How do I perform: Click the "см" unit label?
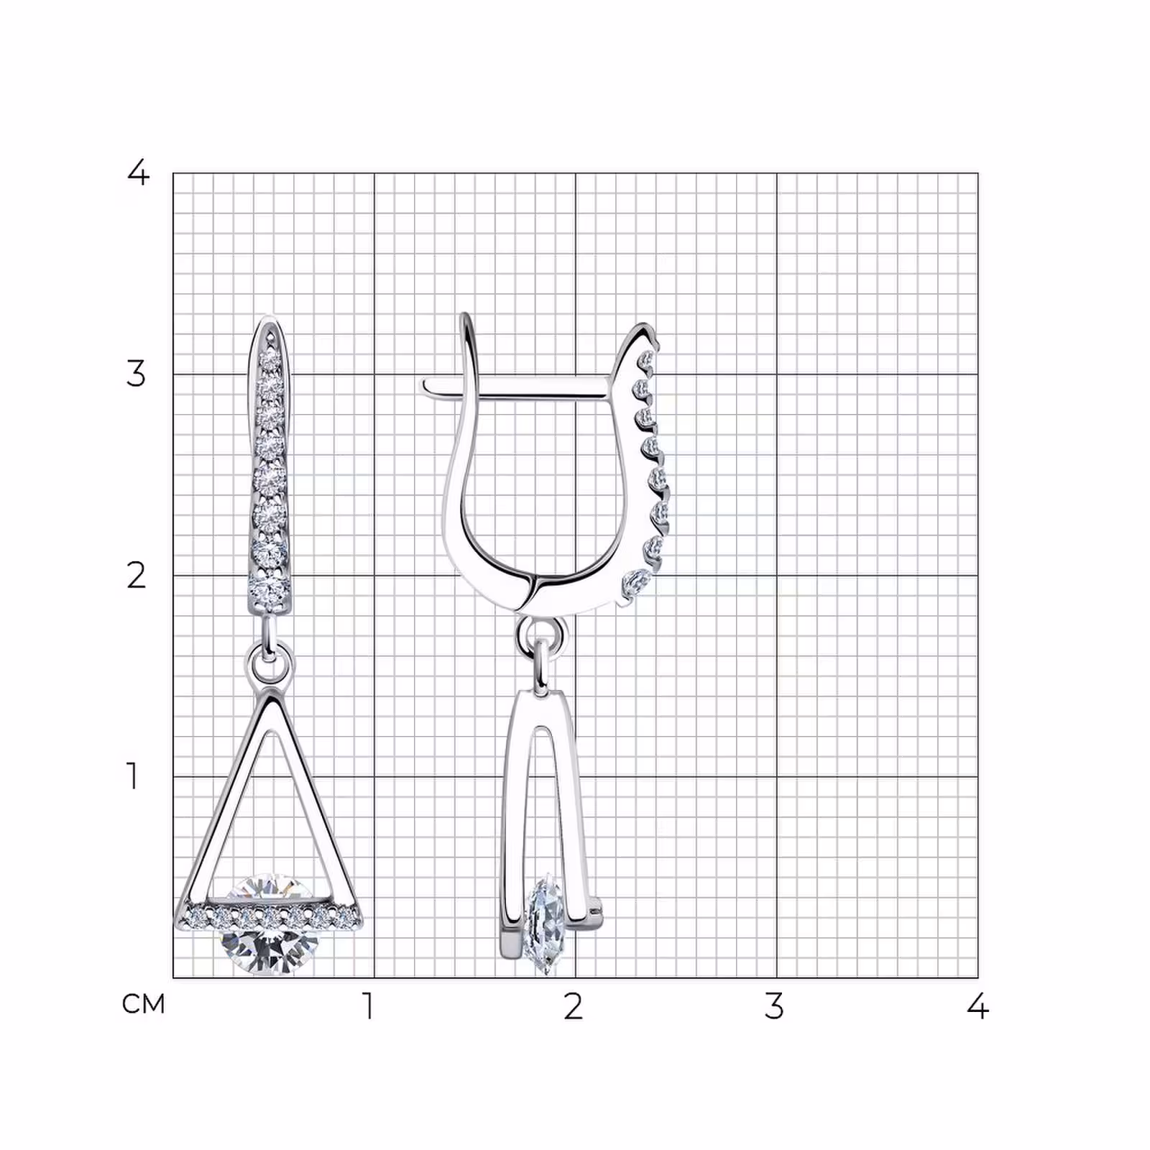pyautogui.click(x=144, y=1003)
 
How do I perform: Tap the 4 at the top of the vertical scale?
pyautogui.click(x=137, y=172)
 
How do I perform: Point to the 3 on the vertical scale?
pyautogui.click(x=136, y=374)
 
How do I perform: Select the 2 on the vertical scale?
pyautogui.click(x=136, y=575)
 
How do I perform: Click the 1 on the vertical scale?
pyautogui.click(x=132, y=776)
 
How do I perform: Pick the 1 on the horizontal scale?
pyautogui.click(x=368, y=1006)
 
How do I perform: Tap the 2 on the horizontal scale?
pyautogui.click(x=572, y=1006)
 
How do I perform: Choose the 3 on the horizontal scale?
pyautogui.click(x=773, y=1006)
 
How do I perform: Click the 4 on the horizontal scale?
pyautogui.click(x=977, y=1006)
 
